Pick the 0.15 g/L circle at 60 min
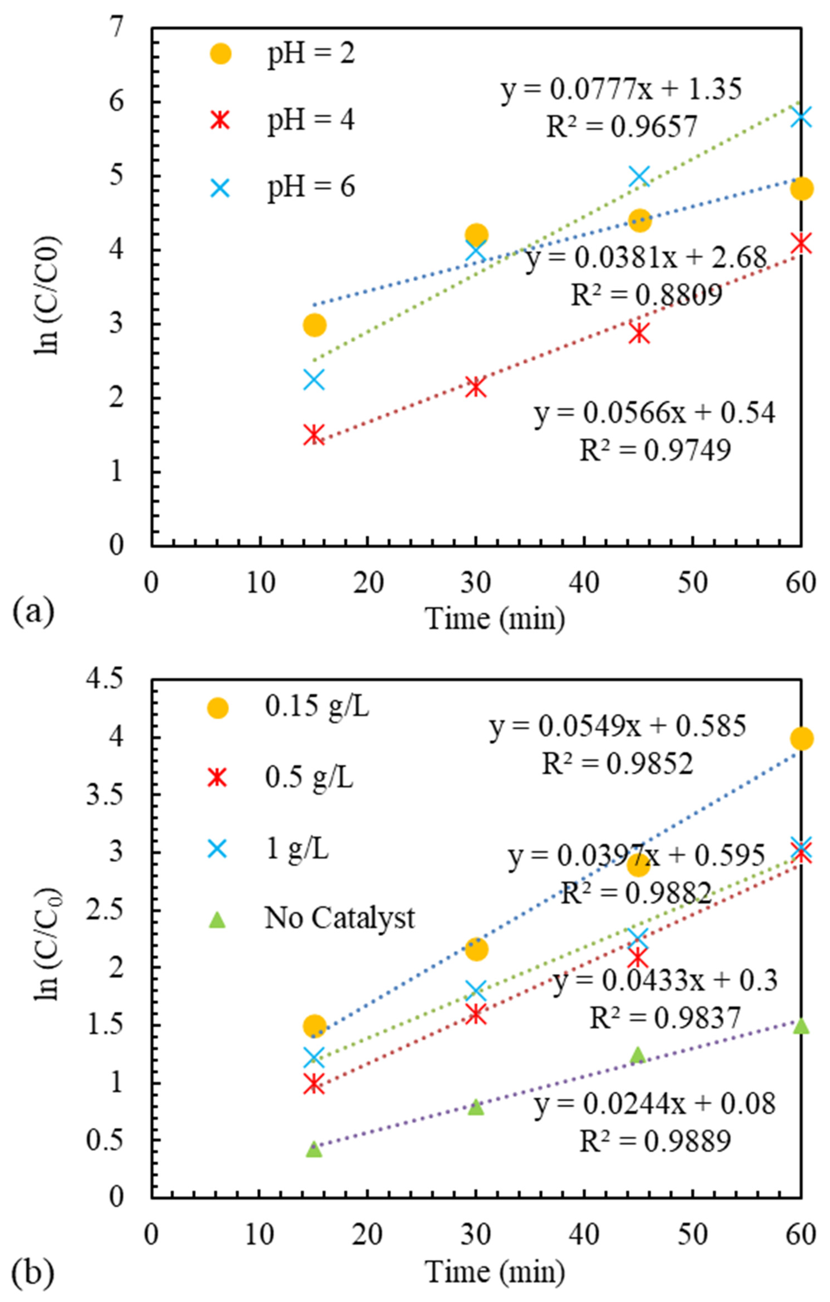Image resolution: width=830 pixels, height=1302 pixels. tap(801, 738)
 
